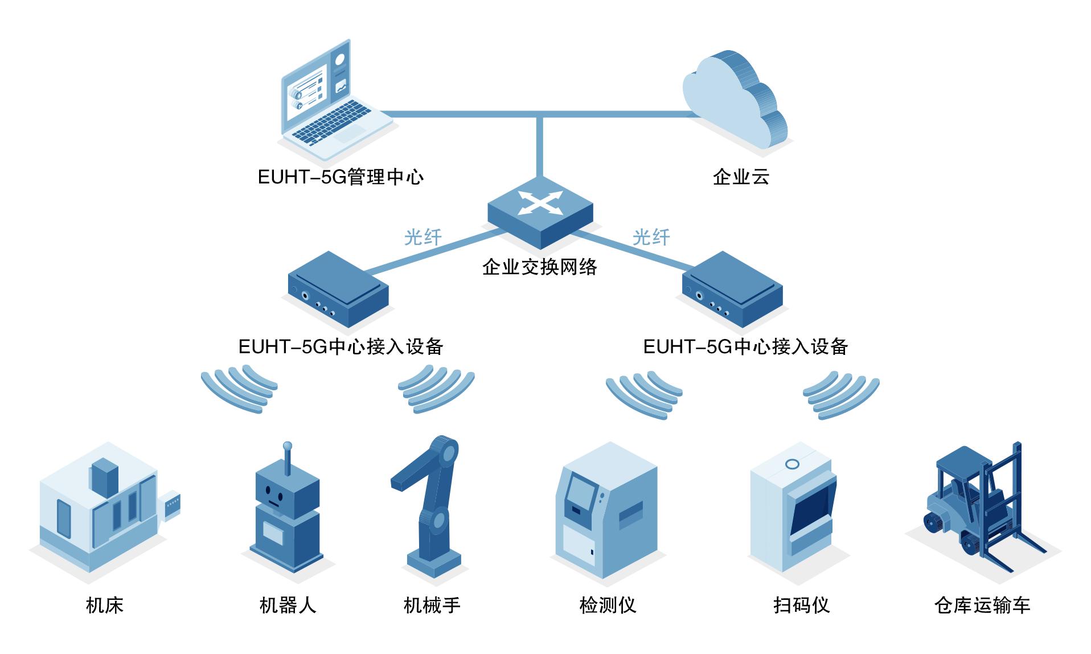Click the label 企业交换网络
(539, 267)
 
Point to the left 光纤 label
(423, 237)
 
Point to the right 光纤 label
(651, 237)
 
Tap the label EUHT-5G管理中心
(341, 177)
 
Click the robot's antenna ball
(288, 445)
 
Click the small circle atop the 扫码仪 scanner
(791, 464)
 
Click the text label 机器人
(288, 605)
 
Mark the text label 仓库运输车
(982, 605)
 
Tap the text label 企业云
(741, 177)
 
